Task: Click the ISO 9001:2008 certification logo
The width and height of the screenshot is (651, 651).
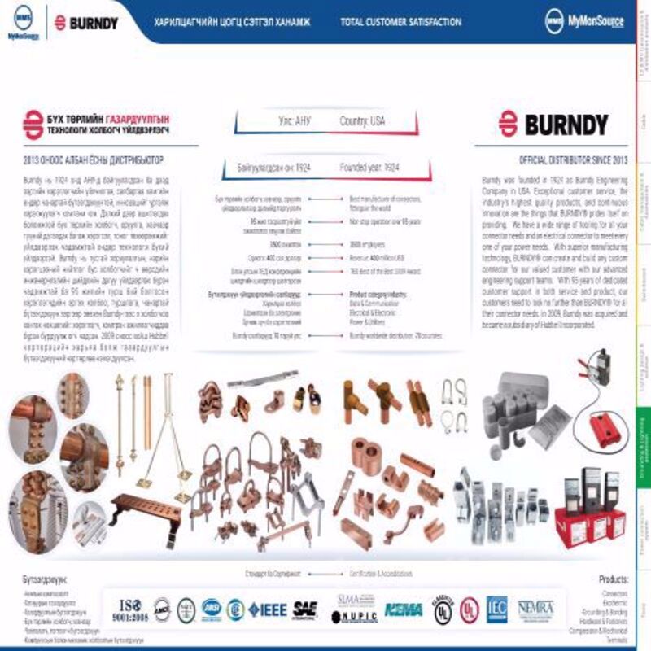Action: (x=132, y=609)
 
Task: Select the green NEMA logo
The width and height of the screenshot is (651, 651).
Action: (x=402, y=609)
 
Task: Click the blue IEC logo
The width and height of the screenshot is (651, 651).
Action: (x=496, y=608)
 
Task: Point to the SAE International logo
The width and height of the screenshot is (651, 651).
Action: (x=305, y=609)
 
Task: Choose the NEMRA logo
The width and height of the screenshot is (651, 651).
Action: (x=535, y=609)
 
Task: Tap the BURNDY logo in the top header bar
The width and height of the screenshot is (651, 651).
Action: (x=86, y=22)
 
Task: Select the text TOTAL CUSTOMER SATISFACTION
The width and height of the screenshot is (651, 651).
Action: (x=401, y=22)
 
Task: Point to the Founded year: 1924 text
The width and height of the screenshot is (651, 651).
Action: (x=369, y=168)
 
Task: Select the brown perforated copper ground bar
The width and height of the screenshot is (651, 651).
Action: (x=146, y=509)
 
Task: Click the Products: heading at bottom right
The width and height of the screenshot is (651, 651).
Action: (x=613, y=580)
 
